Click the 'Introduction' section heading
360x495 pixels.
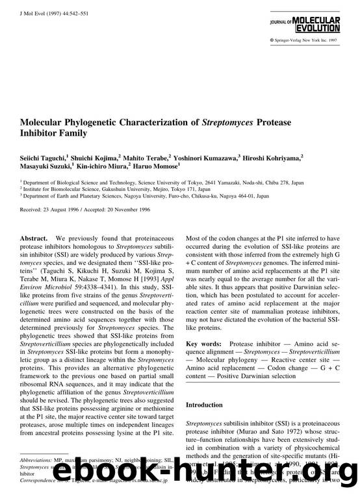point(205,405)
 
